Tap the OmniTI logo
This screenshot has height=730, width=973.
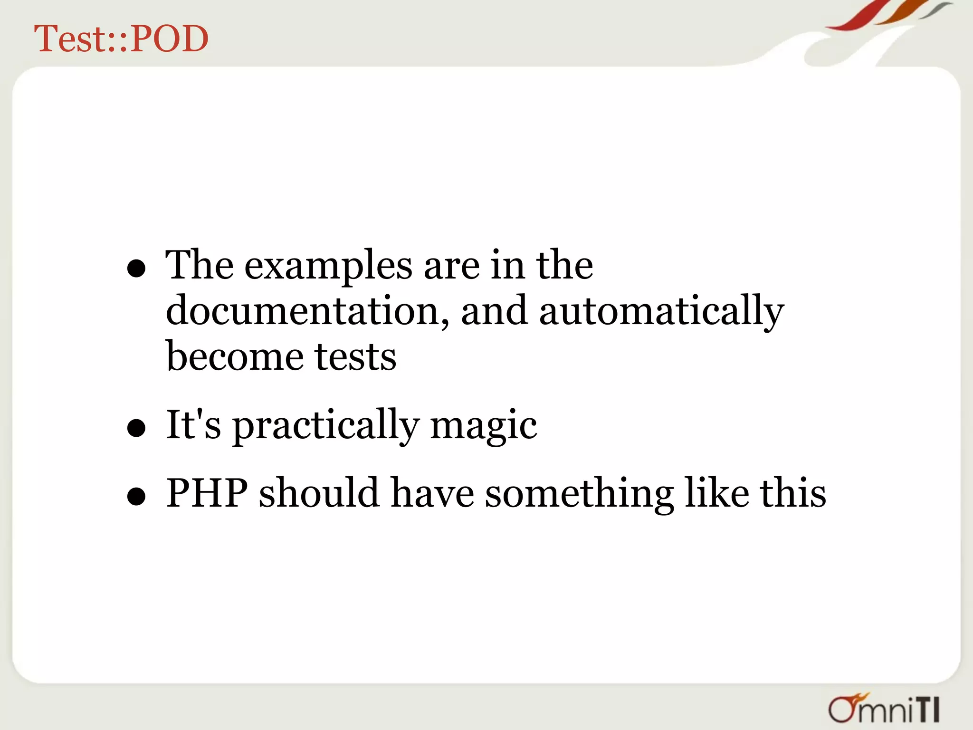pyautogui.click(x=884, y=709)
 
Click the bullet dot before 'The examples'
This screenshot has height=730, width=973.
pyautogui.click(x=136, y=269)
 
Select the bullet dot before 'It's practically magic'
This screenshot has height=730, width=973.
pyautogui.click(x=136, y=428)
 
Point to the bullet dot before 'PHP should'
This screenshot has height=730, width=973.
pyautogui.click(x=136, y=497)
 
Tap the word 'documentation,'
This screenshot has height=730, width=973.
pyautogui.click(x=307, y=311)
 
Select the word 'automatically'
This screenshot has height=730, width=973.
pyautogui.click(x=661, y=311)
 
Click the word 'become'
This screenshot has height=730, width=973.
pyautogui.click(x=235, y=356)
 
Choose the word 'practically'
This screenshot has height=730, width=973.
pyautogui.click(x=325, y=425)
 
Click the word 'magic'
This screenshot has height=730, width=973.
pyautogui.click(x=483, y=425)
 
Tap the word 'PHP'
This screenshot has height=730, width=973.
pyautogui.click(x=207, y=493)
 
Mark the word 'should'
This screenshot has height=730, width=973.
pyautogui.click(x=319, y=493)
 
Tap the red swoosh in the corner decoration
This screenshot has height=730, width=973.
pyautogui.click(x=855, y=17)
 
